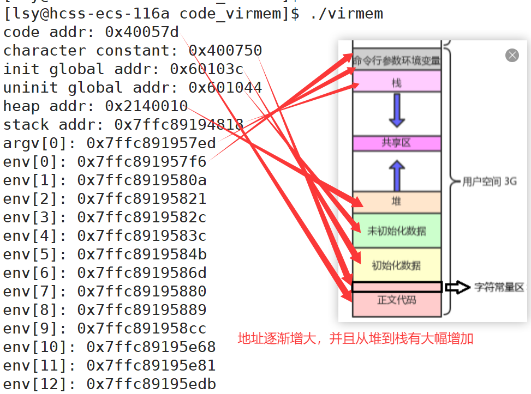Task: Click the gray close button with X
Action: coord(511,55)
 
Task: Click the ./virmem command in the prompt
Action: coord(346,14)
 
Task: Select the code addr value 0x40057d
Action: coord(142,32)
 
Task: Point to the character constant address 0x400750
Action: coord(225,51)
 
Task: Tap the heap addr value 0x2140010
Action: coord(147,106)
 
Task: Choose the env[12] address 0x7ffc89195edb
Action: coord(151,384)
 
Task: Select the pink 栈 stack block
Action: coord(397,82)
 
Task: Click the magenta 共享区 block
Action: coord(397,143)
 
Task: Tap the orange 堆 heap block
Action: coord(397,202)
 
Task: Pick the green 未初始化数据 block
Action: coord(397,231)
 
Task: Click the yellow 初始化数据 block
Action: coord(397,265)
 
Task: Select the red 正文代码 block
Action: coord(397,301)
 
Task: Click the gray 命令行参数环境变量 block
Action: coord(397,60)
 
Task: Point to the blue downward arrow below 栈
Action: coord(397,110)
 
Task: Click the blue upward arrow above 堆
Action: coord(397,174)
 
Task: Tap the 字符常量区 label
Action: coord(499,287)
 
